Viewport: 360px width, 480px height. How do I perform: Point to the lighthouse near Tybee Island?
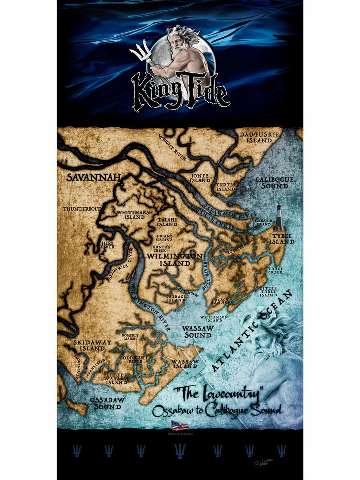(278, 217)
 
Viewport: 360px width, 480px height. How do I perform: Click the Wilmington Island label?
(175, 260)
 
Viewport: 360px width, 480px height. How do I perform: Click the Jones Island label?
(200, 178)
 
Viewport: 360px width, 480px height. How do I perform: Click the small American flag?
(180, 425)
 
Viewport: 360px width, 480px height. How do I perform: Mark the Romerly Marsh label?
(130, 337)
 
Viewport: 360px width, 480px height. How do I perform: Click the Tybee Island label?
(282, 238)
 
